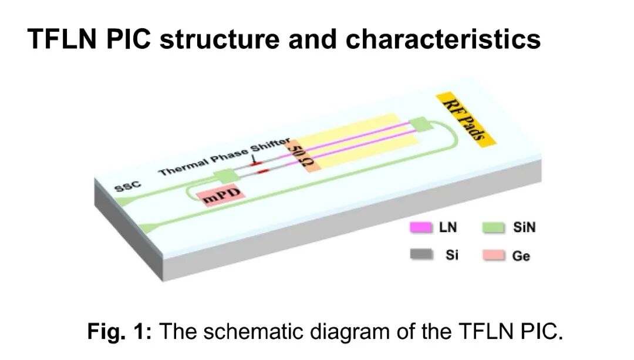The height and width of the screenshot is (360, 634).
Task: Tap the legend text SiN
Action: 524,227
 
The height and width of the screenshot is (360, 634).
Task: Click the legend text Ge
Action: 521,256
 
